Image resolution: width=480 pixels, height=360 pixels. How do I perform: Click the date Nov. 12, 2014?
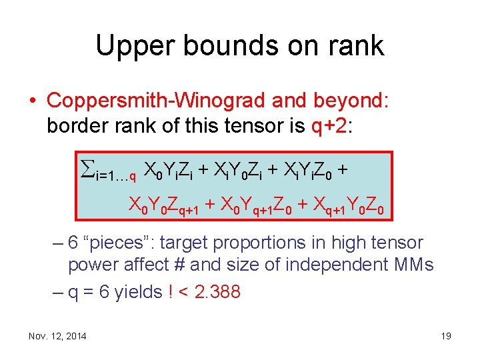57,336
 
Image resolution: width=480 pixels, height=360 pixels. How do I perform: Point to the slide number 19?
446,336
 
